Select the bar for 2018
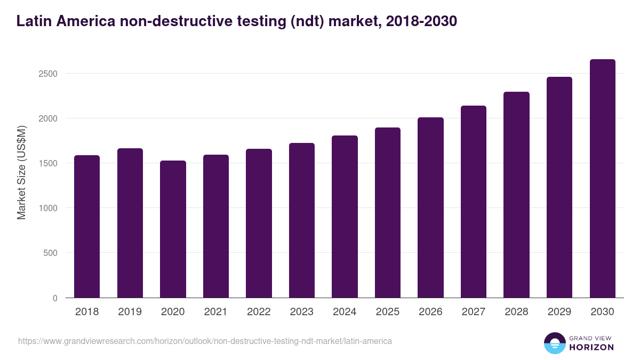tap(87, 227)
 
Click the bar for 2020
tap(173, 229)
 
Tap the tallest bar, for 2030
tap(602, 179)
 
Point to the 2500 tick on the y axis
tap(48, 74)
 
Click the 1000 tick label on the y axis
tap(48, 208)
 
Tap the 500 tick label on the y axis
tap(51, 253)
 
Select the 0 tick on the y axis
tap(55, 298)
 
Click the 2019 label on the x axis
tap(130, 312)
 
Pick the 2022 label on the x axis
tap(259, 312)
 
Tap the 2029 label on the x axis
tap(559, 312)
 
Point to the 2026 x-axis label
tap(430, 312)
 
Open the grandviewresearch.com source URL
tap(205, 341)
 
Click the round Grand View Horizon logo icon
tap(554, 343)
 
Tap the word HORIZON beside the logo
tap(591, 347)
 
